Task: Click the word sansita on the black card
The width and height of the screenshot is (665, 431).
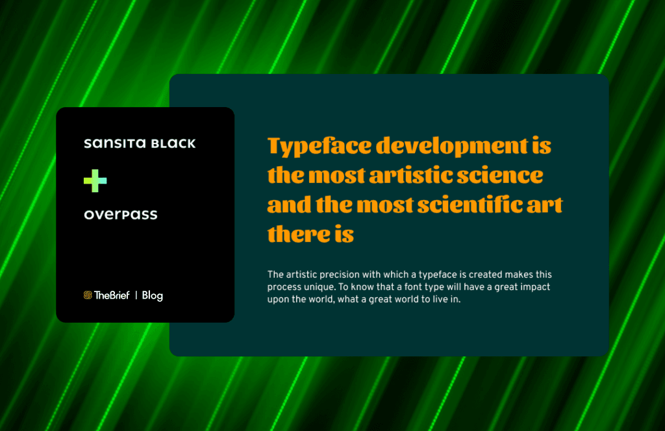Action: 105,143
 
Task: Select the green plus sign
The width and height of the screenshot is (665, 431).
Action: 95,180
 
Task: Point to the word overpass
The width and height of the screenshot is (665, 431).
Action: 121,215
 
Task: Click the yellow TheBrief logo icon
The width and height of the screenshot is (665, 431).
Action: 88,295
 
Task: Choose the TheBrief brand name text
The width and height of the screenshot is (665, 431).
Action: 112,295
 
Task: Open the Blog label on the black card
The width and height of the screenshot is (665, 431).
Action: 152,295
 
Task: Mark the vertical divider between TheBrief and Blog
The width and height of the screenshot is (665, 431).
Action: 136,295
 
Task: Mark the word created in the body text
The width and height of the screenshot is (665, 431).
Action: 495,275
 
